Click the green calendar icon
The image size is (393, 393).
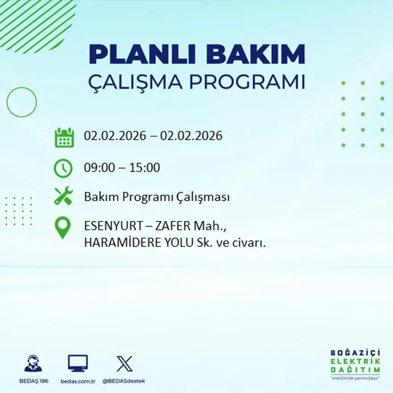[x=64, y=137]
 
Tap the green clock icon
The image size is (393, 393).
[x=63, y=168]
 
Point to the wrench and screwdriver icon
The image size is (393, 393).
[x=63, y=196]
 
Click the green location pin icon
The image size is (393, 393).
[x=63, y=227]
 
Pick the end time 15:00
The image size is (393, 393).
[x=145, y=168]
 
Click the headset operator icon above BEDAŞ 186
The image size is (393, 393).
[x=33, y=364]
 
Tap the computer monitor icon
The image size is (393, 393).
[x=78, y=363]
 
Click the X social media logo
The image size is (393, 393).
[x=124, y=364]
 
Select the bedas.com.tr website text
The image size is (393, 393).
[x=78, y=381]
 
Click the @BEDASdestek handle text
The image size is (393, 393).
[x=124, y=381]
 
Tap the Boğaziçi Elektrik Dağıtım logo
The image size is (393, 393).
[x=355, y=364]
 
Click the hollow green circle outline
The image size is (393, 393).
[x=21, y=102]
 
